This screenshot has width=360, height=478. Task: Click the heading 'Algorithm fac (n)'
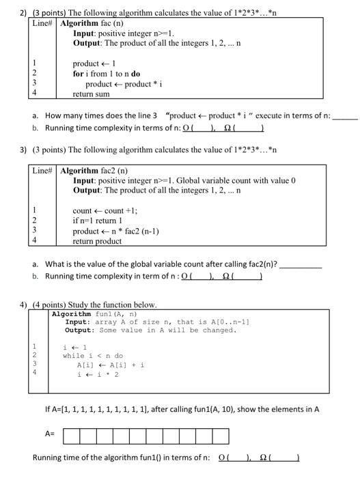pyautogui.click(x=100, y=23)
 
